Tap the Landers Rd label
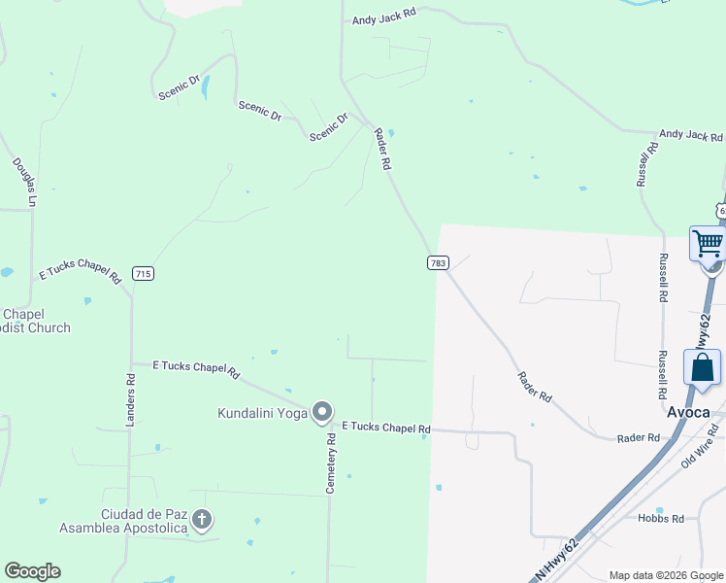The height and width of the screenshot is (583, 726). [130, 400]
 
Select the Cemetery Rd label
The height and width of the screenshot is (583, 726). [331, 463]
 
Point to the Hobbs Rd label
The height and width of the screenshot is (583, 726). [661, 519]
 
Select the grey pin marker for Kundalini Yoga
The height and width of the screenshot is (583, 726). [323, 413]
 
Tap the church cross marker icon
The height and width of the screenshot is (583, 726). [202, 520]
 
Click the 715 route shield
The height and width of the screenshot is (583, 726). [143, 274]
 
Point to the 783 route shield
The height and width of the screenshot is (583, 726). [437, 263]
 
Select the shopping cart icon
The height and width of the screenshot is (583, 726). [708, 243]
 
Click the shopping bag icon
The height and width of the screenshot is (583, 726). [702, 368]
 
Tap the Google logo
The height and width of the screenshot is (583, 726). [32, 571]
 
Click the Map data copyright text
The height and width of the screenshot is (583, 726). [665, 575]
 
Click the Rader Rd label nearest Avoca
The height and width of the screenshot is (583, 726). [639, 438]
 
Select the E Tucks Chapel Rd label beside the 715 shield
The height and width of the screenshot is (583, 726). [80, 274]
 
